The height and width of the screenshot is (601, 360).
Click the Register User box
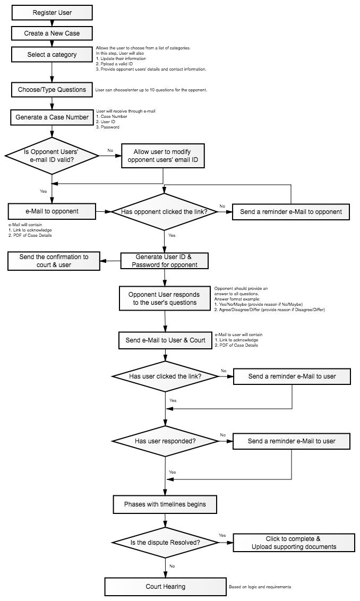(52, 13)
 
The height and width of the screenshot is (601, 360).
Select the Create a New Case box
(52, 33)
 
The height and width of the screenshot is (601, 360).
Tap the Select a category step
(52, 55)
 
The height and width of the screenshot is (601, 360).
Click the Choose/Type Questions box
(52, 90)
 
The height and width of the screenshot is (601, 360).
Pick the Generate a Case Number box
(52, 117)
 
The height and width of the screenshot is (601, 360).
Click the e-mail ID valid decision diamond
(52, 156)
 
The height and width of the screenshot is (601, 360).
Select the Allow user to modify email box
(163, 156)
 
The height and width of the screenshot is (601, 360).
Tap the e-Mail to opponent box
(52, 211)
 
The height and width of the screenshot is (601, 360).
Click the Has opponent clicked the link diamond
(165, 212)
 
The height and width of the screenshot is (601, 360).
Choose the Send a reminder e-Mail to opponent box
(291, 212)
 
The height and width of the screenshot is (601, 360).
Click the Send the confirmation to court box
(54, 261)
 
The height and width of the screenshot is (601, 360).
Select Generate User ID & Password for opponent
(165, 261)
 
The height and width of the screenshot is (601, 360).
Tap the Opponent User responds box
(165, 298)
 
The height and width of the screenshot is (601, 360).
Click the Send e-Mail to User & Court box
(166, 340)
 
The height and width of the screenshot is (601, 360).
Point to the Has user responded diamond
(165, 441)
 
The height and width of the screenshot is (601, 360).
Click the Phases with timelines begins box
(165, 504)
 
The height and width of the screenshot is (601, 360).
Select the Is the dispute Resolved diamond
(165, 543)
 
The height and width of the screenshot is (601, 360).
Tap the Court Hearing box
(166, 587)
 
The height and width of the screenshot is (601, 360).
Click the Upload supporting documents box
(294, 543)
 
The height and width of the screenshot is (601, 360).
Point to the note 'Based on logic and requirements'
(260, 587)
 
